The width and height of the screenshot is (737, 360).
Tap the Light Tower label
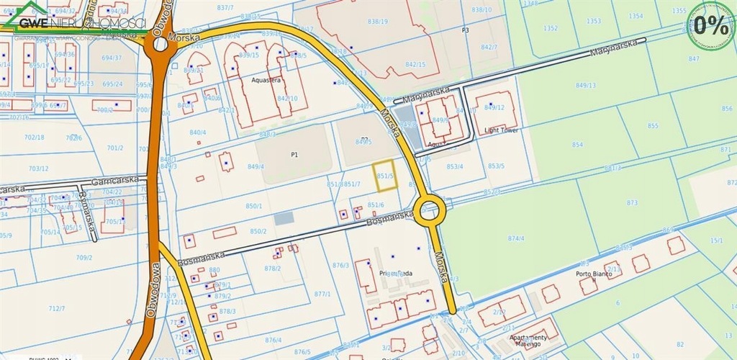point(502,130)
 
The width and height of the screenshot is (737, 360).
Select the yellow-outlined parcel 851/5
point(385,175)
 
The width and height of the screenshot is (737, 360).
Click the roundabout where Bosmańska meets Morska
point(430,211)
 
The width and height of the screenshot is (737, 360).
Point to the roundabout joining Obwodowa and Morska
point(159,45)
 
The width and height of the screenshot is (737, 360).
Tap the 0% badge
point(710,26)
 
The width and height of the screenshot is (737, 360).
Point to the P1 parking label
point(294,155)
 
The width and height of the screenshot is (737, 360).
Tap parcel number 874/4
point(515,238)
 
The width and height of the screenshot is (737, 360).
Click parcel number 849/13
point(586,85)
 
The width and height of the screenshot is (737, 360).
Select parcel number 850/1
point(254,206)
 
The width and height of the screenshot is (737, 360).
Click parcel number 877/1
point(322,294)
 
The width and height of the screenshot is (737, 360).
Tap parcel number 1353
point(593,21)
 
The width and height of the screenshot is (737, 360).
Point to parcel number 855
point(653,126)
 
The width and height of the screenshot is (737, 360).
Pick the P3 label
point(465,30)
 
